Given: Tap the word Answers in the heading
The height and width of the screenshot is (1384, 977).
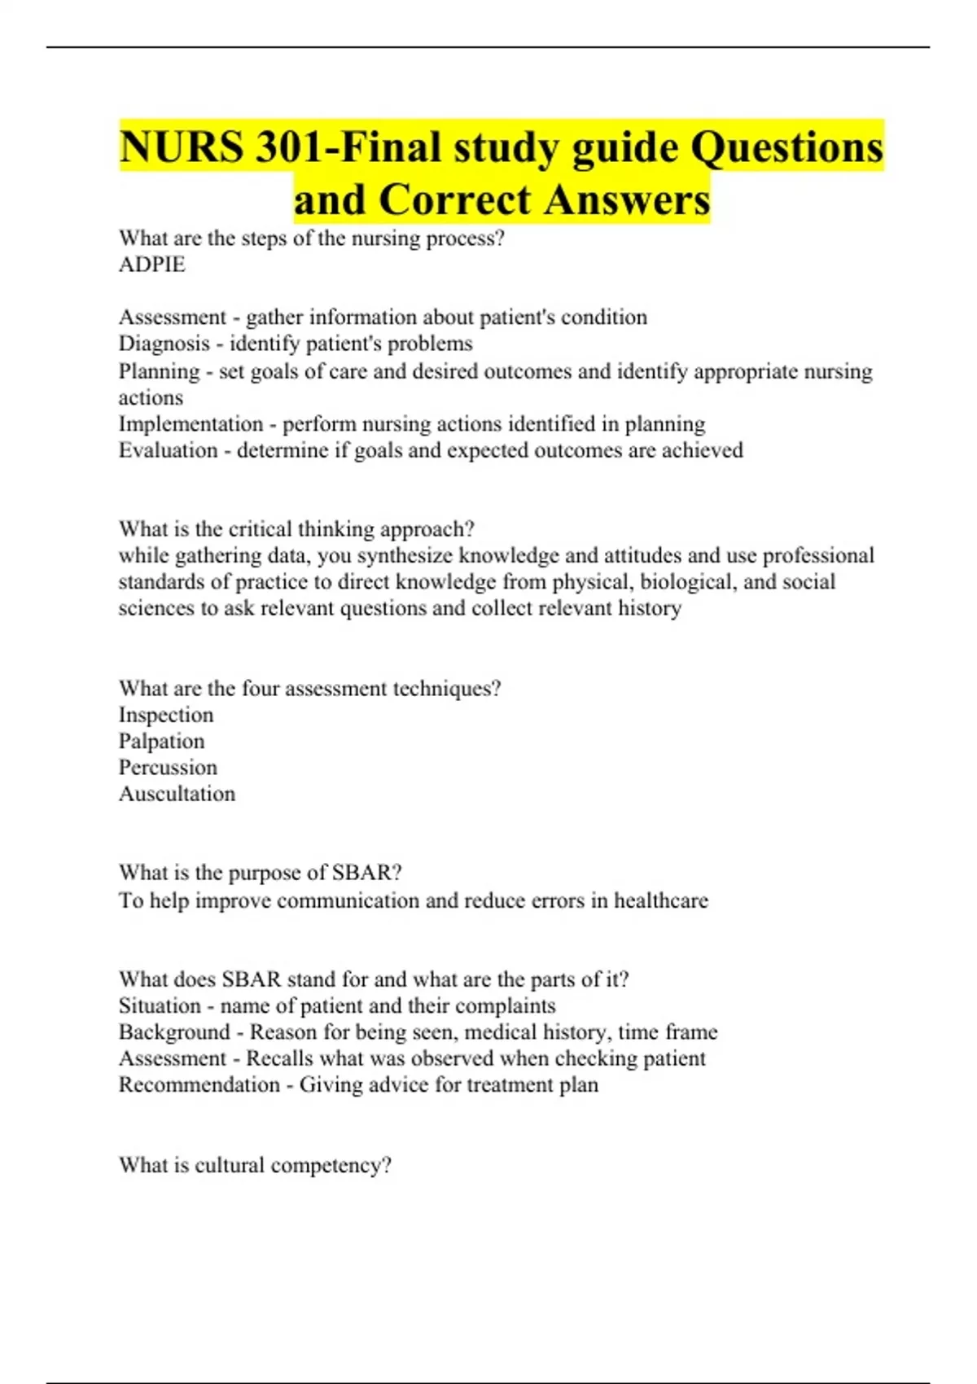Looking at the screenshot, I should click(627, 199).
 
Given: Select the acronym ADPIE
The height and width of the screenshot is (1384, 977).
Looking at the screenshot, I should click(152, 265).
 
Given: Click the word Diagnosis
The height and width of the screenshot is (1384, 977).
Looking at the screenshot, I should click(164, 344).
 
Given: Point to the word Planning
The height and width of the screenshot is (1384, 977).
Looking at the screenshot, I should click(160, 371).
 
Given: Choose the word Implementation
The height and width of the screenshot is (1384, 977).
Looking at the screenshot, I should click(191, 424).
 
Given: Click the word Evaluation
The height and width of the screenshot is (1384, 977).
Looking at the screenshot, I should click(169, 450).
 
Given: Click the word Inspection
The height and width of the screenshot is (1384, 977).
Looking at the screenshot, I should click(166, 715).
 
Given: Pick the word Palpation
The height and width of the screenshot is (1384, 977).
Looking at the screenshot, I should click(162, 741).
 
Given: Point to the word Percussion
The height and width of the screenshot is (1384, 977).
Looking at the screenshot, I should click(169, 767).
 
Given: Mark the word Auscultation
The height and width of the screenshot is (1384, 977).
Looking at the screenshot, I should click(177, 794).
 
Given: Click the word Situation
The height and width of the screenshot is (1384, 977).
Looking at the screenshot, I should click(160, 1005).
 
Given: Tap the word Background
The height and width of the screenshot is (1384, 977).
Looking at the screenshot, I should click(174, 1032).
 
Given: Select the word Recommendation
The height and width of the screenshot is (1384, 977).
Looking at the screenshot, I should click(199, 1084).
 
